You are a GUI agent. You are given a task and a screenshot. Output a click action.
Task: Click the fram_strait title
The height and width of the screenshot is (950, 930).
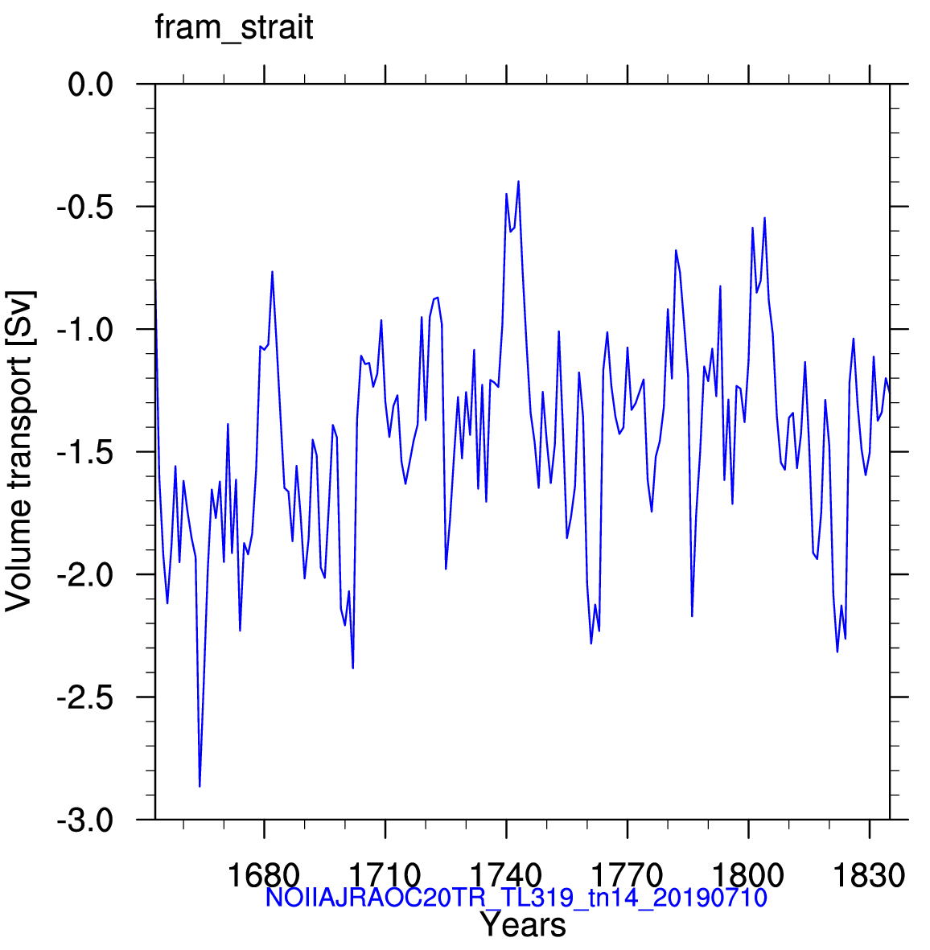pos(234,28)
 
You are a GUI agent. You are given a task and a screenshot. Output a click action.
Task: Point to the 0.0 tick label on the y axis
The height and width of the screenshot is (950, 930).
pos(91,84)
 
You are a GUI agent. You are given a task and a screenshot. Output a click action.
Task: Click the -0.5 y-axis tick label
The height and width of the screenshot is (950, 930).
pos(85,207)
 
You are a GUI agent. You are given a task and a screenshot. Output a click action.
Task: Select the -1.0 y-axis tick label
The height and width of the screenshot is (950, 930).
pos(85,330)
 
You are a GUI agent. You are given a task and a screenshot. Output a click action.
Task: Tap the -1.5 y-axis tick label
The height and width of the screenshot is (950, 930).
pos(85,452)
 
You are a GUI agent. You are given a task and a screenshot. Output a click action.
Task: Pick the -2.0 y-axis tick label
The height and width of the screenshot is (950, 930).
pos(85,575)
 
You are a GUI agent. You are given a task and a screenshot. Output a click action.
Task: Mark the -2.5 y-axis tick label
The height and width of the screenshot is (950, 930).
pos(85,697)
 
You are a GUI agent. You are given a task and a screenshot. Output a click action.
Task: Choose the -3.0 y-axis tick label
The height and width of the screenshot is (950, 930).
pos(85,820)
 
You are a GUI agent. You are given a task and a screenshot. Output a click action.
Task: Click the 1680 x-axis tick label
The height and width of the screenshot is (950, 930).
pos(264,875)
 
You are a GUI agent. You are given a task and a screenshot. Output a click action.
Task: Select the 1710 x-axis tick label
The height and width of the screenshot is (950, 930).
pos(385,875)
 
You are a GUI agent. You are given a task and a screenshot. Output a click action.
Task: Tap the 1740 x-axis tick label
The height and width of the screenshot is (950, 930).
pos(506,875)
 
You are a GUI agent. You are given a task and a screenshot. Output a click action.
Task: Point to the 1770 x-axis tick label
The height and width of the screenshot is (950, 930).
pos(627,875)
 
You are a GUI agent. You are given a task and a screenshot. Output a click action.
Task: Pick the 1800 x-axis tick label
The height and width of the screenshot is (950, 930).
pos(748,875)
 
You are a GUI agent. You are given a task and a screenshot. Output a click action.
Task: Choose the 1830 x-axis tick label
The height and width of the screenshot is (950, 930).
pos(870,875)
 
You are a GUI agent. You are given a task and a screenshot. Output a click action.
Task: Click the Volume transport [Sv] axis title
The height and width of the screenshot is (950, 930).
pos(19,451)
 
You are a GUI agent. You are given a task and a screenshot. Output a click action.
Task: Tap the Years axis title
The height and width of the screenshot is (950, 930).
pos(523,925)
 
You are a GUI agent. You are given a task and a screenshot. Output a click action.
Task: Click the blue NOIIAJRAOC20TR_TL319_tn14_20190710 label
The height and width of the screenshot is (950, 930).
pos(516,898)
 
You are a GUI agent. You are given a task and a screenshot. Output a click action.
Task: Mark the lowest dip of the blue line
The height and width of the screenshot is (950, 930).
pos(200,786)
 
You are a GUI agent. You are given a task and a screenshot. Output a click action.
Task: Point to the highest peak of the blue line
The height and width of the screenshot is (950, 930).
pos(519,181)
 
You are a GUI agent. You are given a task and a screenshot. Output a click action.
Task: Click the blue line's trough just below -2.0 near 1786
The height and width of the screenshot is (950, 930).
pos(692,616)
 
